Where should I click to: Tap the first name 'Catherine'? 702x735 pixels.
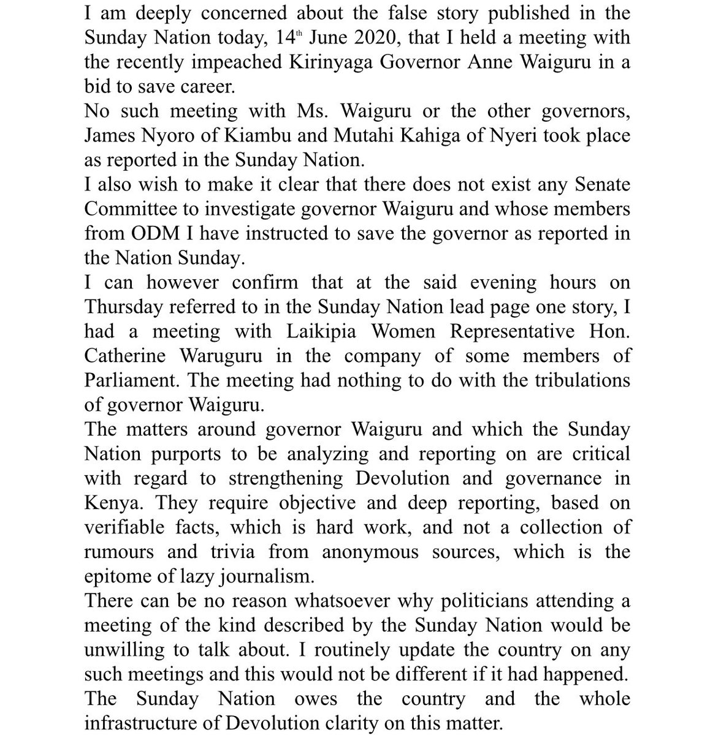124,356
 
